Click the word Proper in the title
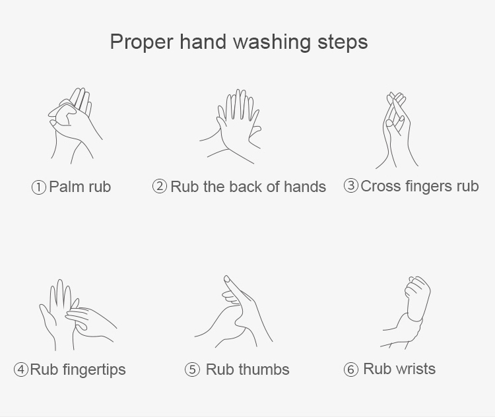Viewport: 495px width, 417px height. (142, 42)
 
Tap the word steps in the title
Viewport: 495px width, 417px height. (343, 42)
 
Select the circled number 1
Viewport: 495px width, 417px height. (39, 187)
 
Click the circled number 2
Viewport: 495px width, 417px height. (160, 186)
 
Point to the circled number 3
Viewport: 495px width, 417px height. (350, 185)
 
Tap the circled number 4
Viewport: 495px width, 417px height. (21, 369)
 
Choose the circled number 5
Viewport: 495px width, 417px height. (192, 369)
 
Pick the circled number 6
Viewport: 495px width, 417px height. (350, 369)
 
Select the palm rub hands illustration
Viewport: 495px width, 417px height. (75, 125)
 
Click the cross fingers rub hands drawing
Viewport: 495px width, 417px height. (397, 131)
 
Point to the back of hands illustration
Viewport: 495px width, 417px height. (231, 127)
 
